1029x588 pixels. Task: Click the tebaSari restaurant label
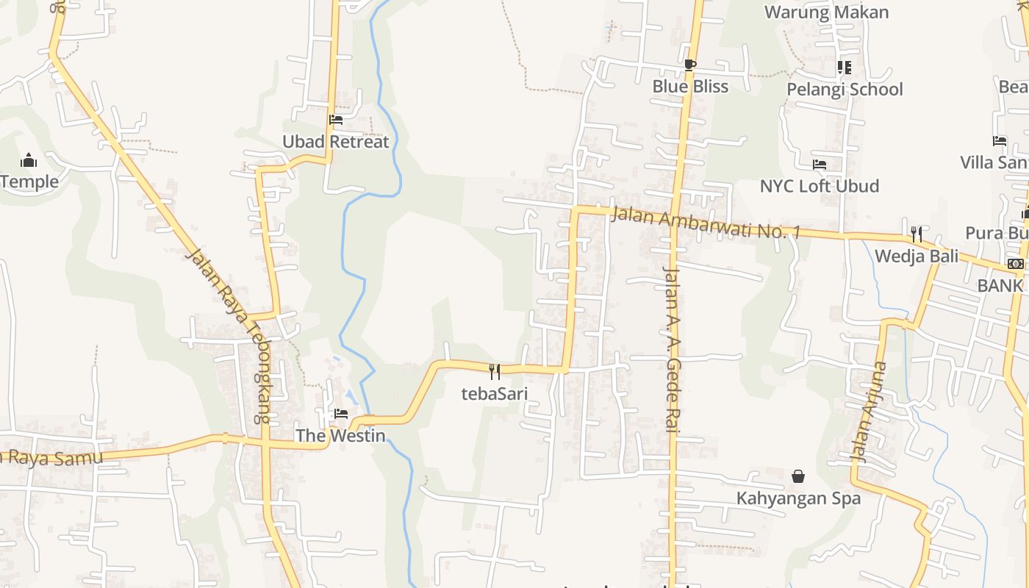495,393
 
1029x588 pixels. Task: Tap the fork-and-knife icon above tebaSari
495,372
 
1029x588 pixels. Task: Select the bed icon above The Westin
340,414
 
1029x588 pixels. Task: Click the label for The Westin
340,436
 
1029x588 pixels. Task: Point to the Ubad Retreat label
336,142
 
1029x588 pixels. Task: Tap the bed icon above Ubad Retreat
336,119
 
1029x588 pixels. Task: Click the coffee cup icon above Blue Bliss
689,65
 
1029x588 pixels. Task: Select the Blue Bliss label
690,87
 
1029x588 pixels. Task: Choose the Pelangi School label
845,90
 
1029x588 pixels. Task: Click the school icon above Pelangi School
844,68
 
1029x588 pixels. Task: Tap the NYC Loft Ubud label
820,186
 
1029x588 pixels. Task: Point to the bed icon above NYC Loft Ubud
820,164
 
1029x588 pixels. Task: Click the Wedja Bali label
917,257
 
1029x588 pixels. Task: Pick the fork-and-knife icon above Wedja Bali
917,234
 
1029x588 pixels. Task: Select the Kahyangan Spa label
798,498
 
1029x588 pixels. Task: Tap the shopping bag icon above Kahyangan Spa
798,477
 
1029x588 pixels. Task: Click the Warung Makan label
827,12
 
